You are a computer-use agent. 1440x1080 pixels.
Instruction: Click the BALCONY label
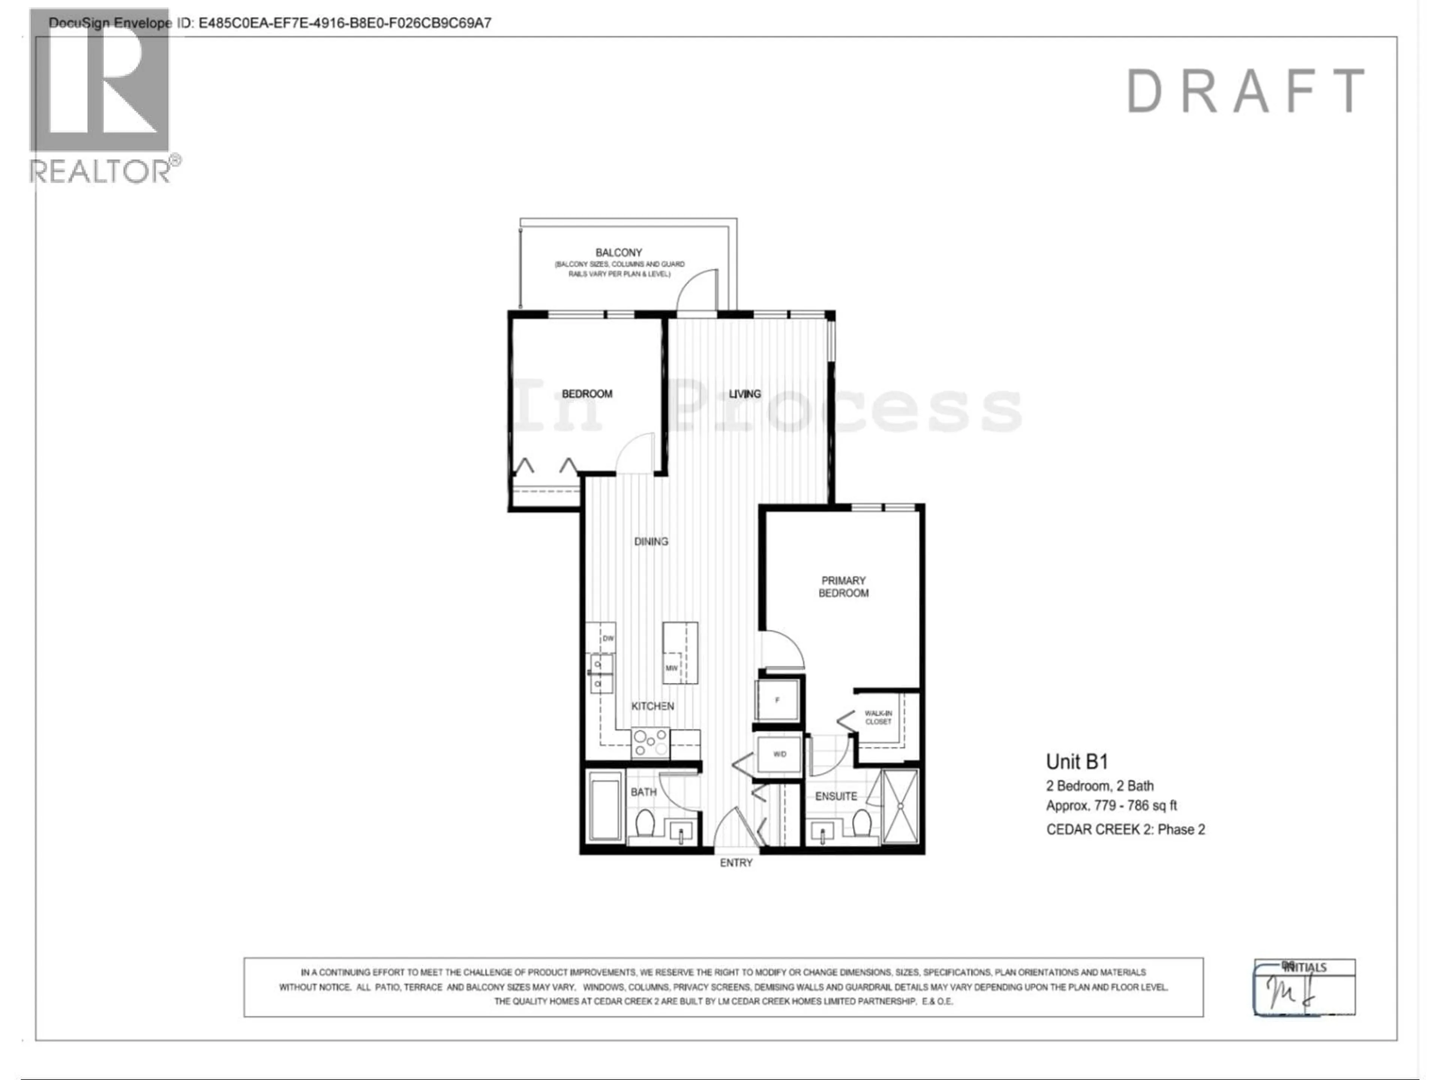coord(618,253)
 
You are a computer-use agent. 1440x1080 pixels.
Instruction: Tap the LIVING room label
coord(744,394)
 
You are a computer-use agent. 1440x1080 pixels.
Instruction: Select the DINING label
coord(651,541)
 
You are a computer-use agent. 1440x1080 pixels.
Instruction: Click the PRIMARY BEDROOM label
coord(843,586)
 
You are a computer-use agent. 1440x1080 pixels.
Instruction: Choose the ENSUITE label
coord(836,796)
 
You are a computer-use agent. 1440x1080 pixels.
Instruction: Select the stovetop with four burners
coord(650,743)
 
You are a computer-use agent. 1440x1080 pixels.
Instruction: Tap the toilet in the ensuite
coord(862,823)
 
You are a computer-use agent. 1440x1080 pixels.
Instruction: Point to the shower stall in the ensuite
coord(900,806)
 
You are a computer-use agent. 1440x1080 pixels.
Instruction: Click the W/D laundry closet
coord(779,754)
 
